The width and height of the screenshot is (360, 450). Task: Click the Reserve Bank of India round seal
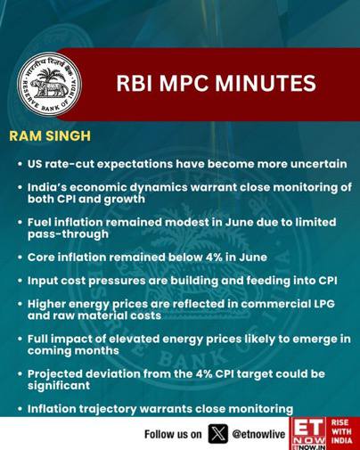tap(49, 85)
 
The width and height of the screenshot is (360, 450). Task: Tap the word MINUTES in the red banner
tap(266, 83)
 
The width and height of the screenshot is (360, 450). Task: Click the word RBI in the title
tap(134, 83)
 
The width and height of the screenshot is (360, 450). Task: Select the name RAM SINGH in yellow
tap(50, 136)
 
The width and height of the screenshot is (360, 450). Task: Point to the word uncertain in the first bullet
tap(319, 164)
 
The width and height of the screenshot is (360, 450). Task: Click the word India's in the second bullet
tap(46, 187)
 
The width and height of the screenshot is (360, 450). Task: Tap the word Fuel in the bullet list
tap(38, 222)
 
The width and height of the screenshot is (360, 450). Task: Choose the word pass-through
tap(68, 234)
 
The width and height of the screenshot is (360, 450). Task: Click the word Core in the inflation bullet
tap(40, 258)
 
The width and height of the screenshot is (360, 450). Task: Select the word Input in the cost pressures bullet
tap(42, 281)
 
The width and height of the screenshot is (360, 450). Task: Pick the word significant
tap(59, 386)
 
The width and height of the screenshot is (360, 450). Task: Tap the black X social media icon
tap(218, 434)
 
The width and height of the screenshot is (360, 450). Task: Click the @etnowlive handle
tap(258, 434)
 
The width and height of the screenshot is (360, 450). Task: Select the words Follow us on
tap(173, 434)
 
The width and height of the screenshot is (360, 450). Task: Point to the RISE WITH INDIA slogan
tap(341, 431)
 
